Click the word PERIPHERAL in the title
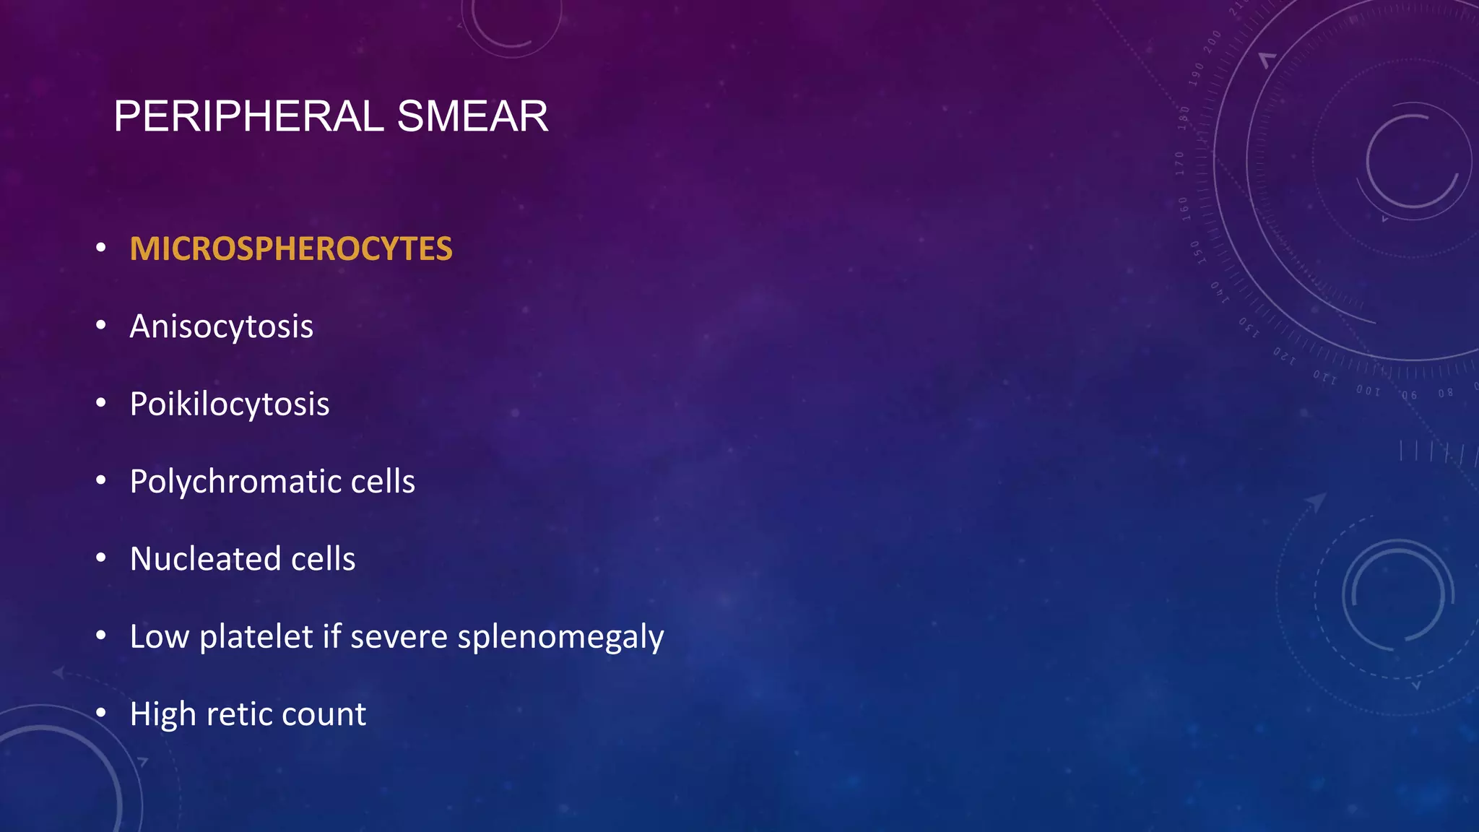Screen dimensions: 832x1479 [x=248, y=116]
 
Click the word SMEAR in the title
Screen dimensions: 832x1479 [x=472, y=116]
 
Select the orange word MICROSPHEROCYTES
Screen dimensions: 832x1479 [x=291, y=249]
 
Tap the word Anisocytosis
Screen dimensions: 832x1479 [x=221, y=326]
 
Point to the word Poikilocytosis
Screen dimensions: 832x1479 [x=230, y=404]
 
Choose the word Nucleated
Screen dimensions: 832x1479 [x=205, y=559]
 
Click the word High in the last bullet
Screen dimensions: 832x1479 [x=163, y=714]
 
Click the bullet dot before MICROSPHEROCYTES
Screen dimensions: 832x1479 [x=101, y=248]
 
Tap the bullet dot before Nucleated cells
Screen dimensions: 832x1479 [x=101, y=558]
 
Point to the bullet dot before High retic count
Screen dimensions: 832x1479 [x=101, y=714]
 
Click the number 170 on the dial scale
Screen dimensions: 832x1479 [x=1180, y=164]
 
